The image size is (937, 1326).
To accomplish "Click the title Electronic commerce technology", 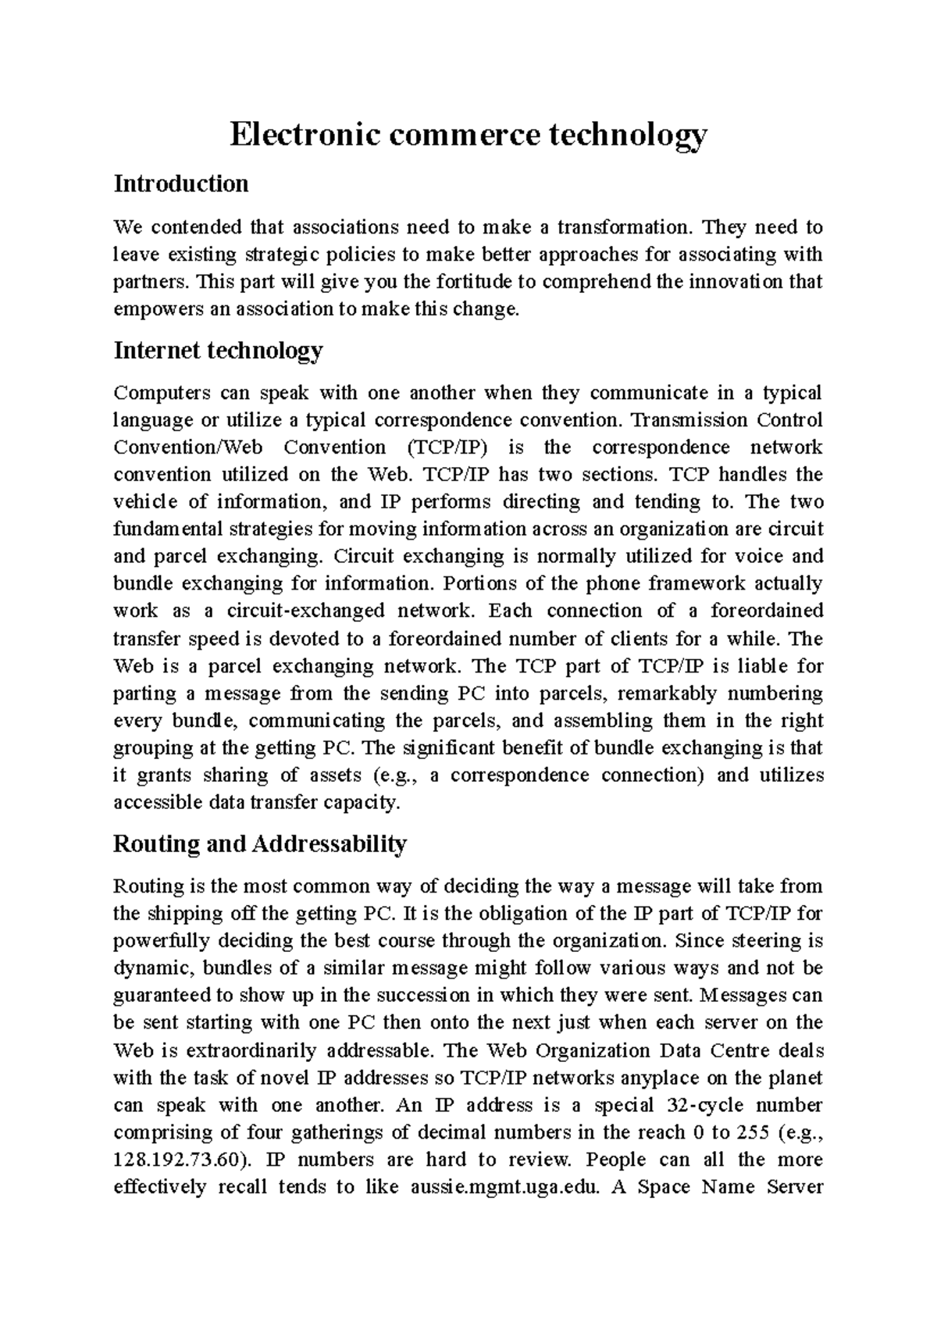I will click(468, 135).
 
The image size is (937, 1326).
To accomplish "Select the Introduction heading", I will click(181, 184).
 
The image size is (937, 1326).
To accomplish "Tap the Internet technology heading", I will click(218, 351).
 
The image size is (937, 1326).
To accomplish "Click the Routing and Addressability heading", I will click(260, 844).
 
